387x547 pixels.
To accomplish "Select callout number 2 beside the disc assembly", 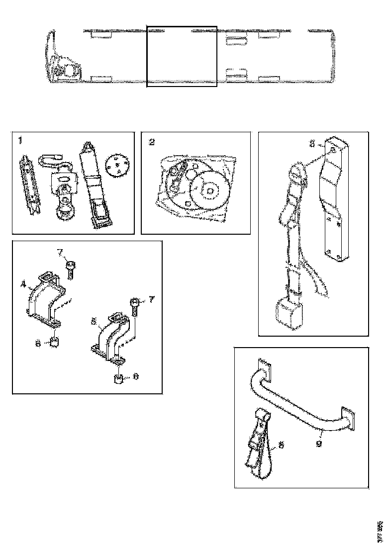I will [x=152, y=142].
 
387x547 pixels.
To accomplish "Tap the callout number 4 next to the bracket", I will [x=23, y=285].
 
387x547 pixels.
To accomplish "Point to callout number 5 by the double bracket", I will [x=93, y=321].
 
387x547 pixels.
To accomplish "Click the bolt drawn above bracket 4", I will [x=70, y=271].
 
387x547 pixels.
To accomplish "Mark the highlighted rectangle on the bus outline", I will [x=182, y=57].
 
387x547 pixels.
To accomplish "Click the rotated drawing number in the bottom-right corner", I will [x=380, y=529].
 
